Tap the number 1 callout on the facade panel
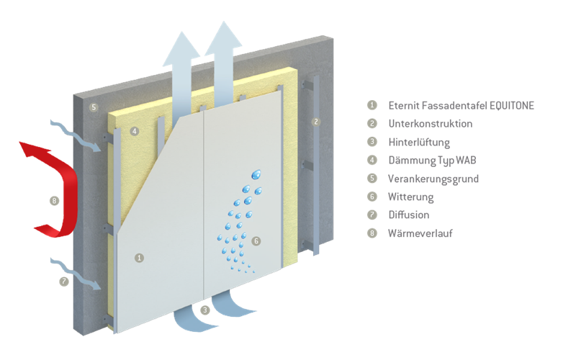pyautogui.click(x=139, y=256)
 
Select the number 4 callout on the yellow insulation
pyautogui.click(x=134, y=131)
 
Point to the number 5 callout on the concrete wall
pyautogui.click(x=93, y=107)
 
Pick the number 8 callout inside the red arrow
pyautogui.click(x=54, y=201)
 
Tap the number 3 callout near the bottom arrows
pyautogui.click(x=205, y=310)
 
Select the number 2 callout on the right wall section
pyautogui.click(x=315, y=122)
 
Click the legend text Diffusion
pyautogui.click(x=408, y=215)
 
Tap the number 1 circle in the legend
pyautogui.click(x=372, y=105)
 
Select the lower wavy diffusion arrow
pyautogui.click(x=79, y=272)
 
